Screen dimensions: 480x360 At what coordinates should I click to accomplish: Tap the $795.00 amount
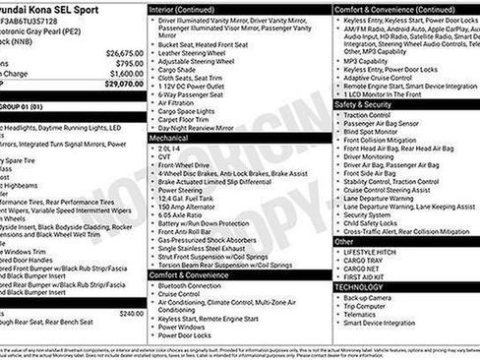tap(129, 63)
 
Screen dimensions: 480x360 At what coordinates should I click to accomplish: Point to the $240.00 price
tap(131, 313)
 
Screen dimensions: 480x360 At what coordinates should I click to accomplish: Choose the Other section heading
tap(344, 241)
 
